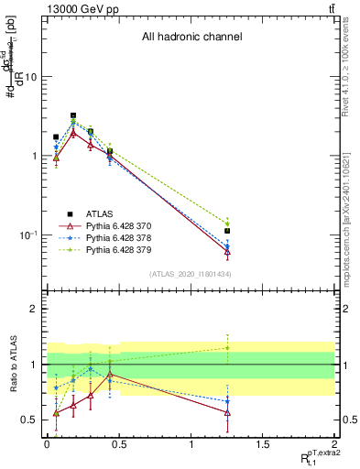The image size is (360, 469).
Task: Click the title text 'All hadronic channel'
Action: [191, 38]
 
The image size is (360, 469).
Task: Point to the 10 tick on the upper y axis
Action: [30, 77]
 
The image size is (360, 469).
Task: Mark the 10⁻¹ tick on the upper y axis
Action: [27, 235]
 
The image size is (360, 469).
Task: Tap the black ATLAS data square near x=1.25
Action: [227, 231]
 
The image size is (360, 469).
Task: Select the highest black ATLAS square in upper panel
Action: [73, 116]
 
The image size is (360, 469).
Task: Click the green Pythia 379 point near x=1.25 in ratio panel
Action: [227, 347]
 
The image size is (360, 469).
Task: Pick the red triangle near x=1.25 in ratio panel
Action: [227, 413]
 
